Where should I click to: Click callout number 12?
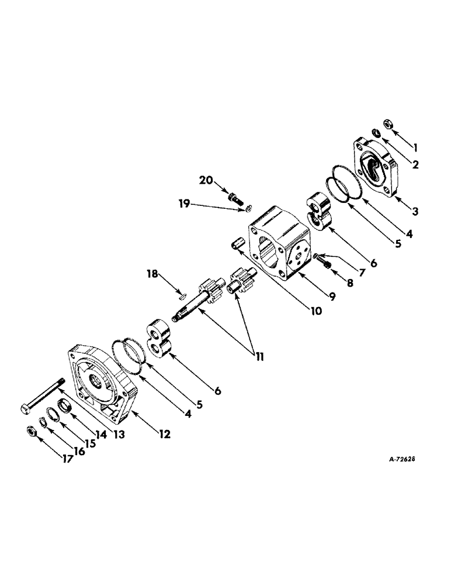pos(165,434)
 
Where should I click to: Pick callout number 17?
pos(68,460)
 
